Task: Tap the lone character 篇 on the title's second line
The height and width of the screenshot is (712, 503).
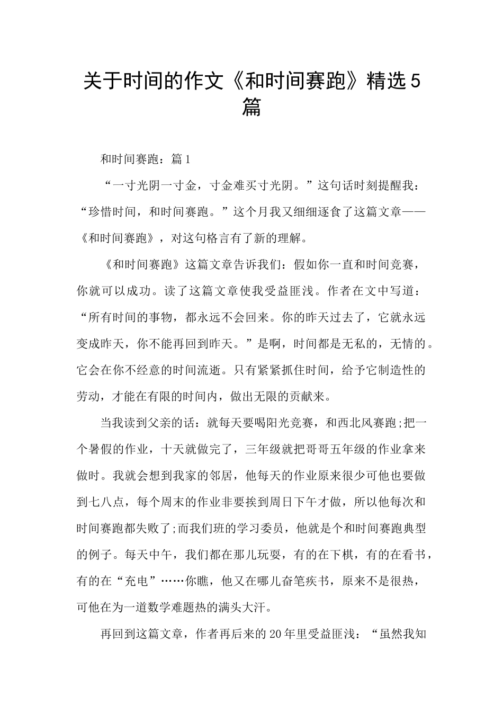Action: click(x=251, y=108)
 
